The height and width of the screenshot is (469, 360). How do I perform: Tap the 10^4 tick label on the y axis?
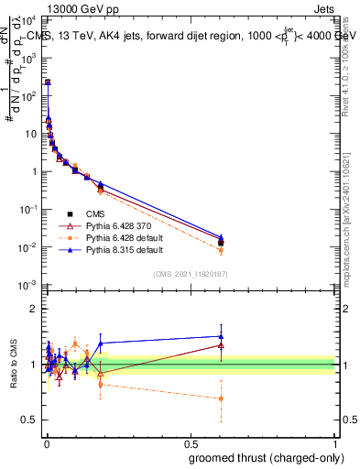[31, 18]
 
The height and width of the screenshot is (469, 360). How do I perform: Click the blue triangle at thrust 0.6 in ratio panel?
[221, 336]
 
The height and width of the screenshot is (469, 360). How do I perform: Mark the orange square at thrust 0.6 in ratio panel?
[221, 398]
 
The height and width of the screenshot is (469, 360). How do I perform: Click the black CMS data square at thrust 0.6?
[221, 242]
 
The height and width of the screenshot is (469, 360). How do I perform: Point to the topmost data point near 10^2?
[47, 82]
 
